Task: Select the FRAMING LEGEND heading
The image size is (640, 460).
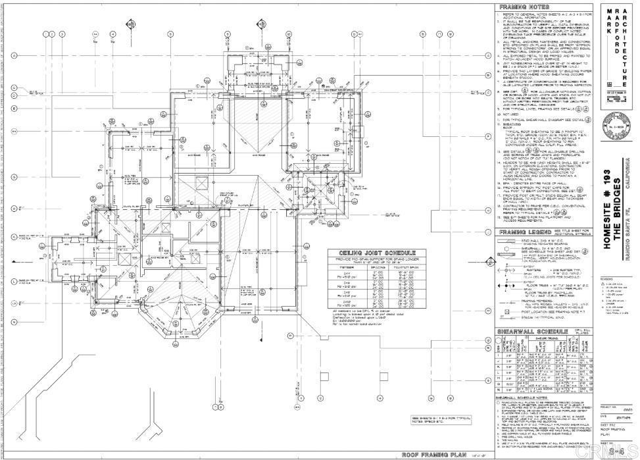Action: tap(520, 232)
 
